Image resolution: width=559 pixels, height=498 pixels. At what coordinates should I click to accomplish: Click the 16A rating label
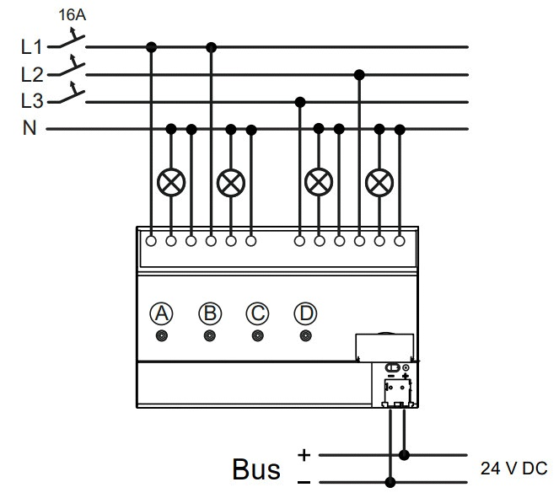click(x=73, y=15)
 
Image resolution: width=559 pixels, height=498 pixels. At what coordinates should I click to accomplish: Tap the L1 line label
click(x=32, y=47)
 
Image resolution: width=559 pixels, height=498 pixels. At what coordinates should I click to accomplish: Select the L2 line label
click(x=32, y=75)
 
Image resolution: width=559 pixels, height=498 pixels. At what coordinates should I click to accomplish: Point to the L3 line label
click(x=32, y=101)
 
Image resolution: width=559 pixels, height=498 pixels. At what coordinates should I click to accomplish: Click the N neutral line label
click(x=30, y=128)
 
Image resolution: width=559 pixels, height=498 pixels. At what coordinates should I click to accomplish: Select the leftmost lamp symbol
click(x=171, y=182)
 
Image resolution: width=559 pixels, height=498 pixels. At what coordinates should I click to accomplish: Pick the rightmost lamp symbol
click(x=379, y=183)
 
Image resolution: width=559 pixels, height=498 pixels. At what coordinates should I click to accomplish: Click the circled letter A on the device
click(x=162, y=313)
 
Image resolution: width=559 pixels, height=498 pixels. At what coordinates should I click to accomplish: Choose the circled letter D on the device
click(x=305, y=313)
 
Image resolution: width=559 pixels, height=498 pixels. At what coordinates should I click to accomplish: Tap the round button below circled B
click(x=210, y=336)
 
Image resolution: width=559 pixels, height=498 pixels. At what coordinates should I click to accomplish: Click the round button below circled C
click(x=258, y=336)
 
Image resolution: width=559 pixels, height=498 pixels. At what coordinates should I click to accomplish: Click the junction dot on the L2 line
click(x=359, y=75)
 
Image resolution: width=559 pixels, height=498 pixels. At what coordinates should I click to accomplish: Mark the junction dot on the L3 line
click(x=300, y=102)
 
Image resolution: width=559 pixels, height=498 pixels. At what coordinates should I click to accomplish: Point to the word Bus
click(x=256, y=469)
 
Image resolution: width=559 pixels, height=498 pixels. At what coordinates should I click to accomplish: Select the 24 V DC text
click(x=513, y=469)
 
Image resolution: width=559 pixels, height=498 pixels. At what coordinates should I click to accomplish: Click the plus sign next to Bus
click(x=304, y=455)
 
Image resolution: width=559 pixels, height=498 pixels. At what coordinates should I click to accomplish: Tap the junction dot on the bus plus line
click(x=404, y=455)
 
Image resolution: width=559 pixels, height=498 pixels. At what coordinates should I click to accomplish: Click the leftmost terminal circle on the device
click(x=151, y=241)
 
